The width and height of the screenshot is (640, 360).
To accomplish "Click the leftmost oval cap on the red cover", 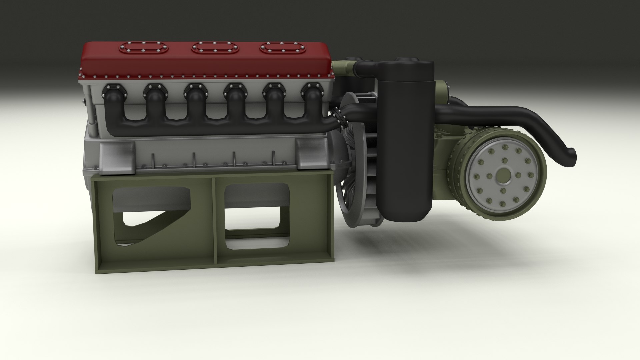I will [144, 48].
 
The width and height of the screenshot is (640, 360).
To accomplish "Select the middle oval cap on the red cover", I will [214, 48].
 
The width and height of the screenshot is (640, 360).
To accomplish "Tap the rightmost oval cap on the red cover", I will [283, 48].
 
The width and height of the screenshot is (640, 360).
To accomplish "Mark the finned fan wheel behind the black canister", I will [360, 167].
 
